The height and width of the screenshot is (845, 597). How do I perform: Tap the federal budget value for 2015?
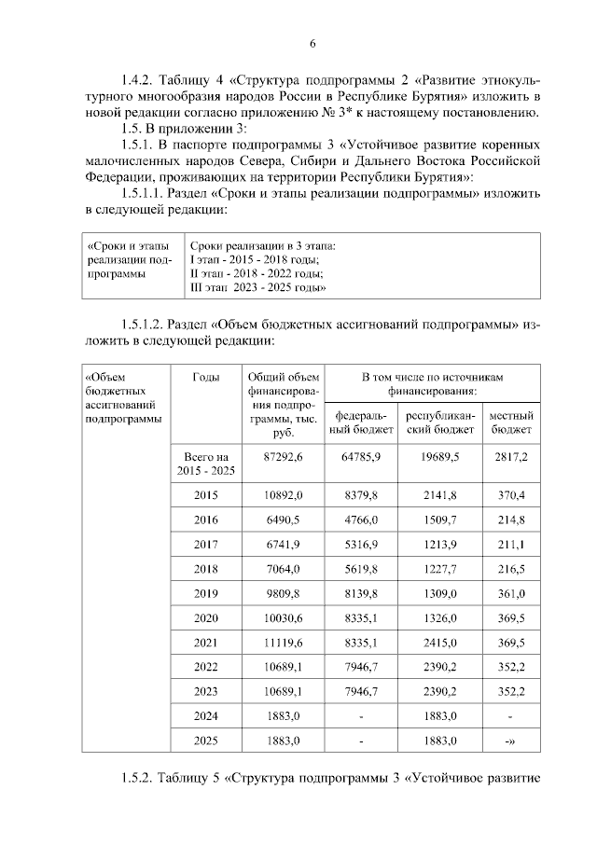360,493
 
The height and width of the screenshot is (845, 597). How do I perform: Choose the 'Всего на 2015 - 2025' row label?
205,464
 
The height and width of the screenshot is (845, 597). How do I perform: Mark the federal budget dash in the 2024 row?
360,716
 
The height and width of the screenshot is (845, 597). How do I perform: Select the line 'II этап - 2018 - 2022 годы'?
257,274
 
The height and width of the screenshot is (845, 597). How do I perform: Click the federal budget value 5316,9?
360,543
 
